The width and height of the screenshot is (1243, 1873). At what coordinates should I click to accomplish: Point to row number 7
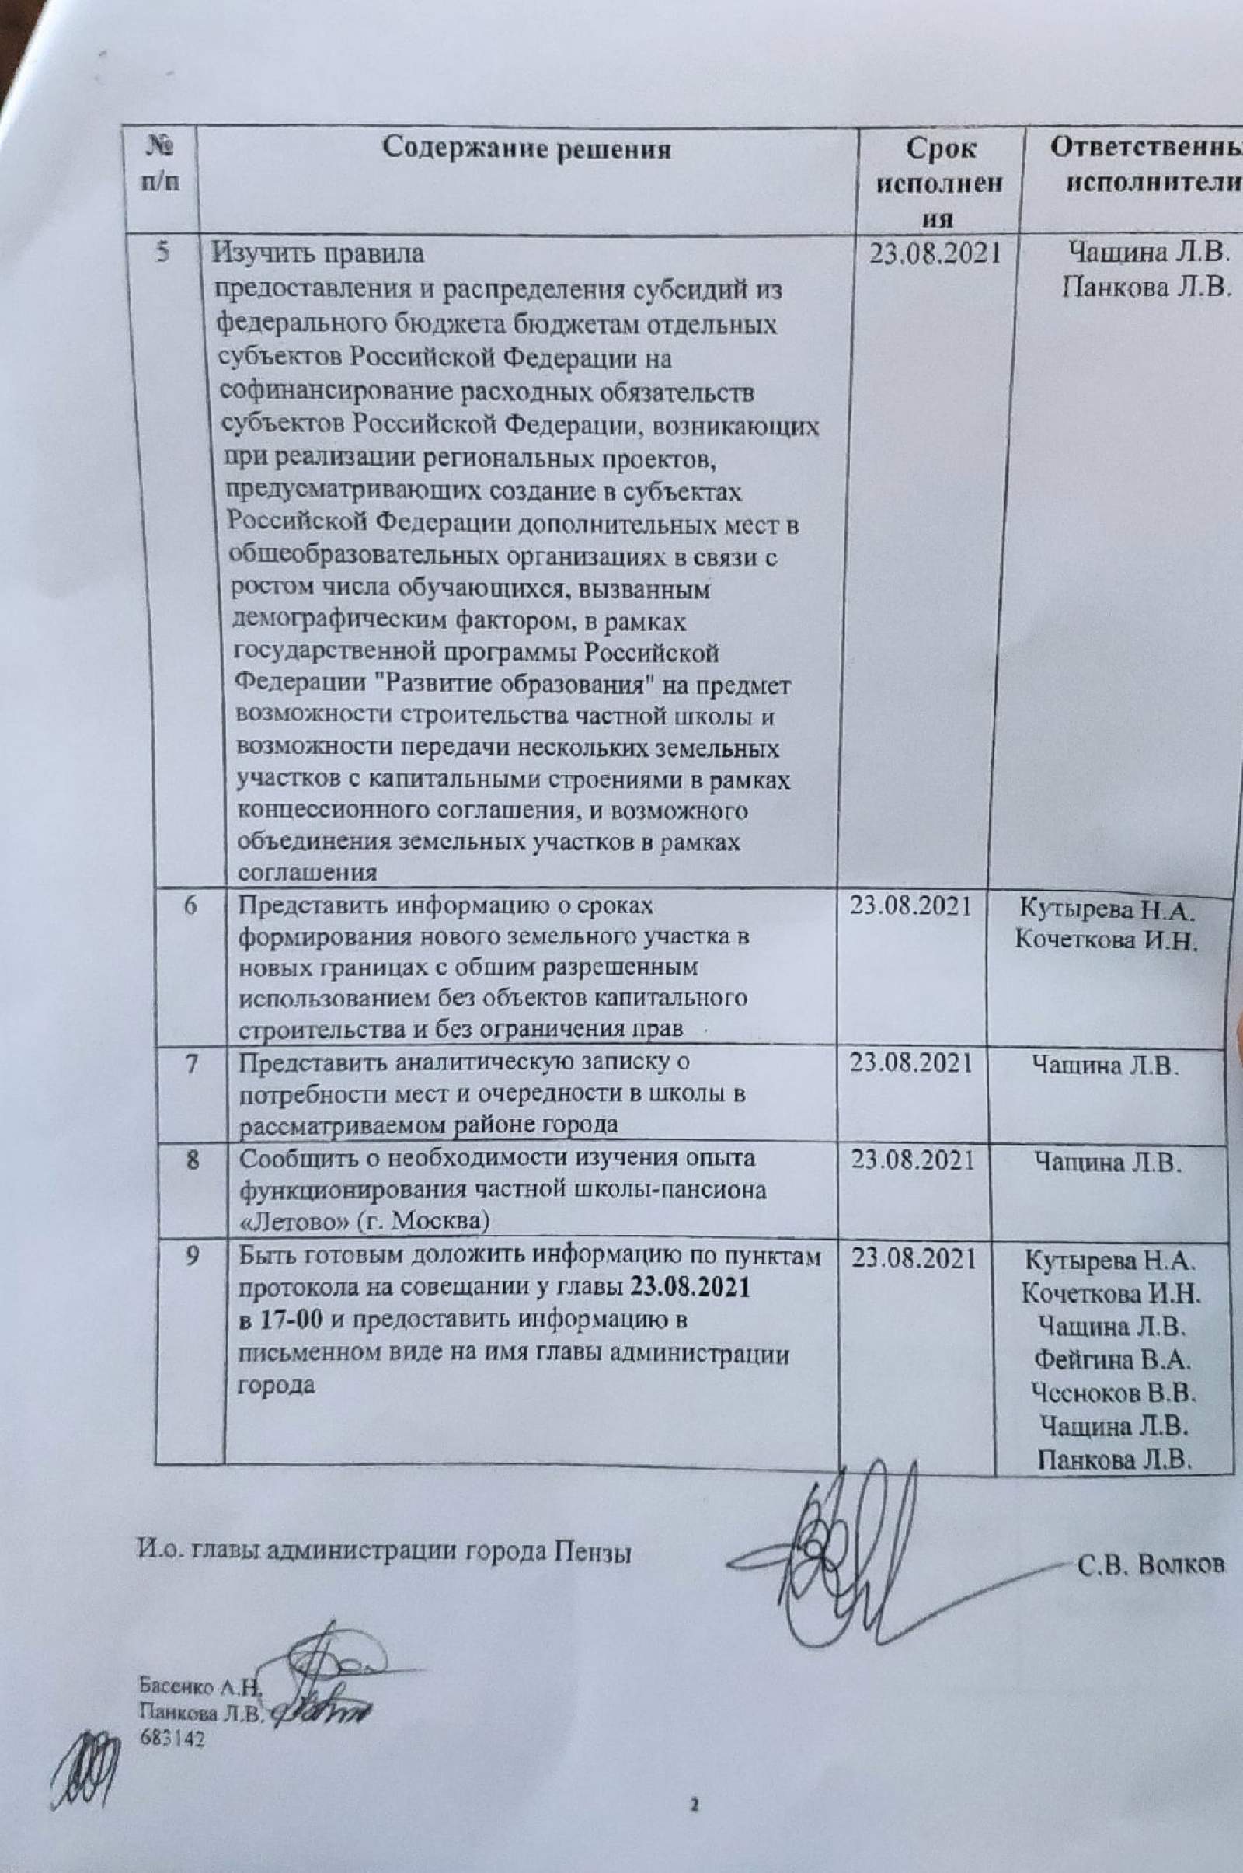pos(192,1063)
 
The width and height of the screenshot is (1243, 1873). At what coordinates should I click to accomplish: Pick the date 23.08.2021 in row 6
pos(910,905)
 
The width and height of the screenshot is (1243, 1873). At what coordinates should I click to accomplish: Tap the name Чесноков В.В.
pos(1113,1393)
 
